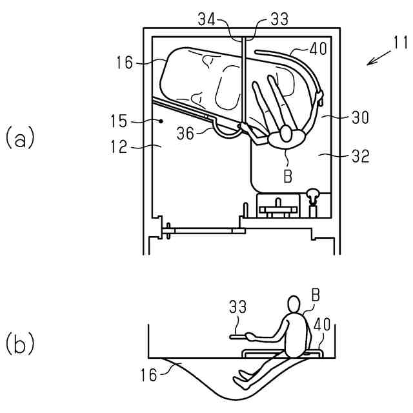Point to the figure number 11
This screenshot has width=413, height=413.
pos(400,44)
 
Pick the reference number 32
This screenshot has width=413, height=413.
pos(359,157)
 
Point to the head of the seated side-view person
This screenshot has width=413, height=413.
pos(294,305)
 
